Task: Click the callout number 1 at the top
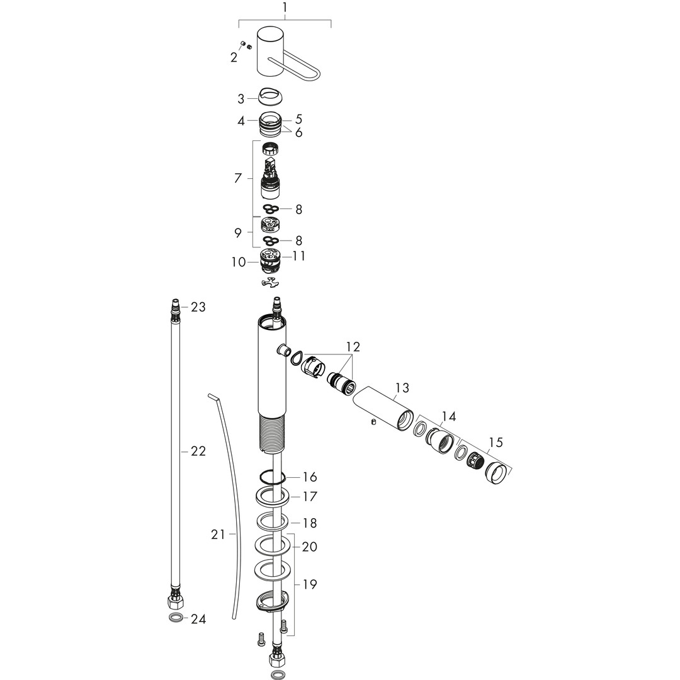(285, 8)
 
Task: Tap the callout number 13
(402, 387)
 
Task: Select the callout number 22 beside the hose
(198, 451)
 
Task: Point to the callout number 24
(198, 619)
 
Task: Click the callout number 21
(218, 535)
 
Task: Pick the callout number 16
(310, 477)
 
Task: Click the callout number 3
(241, 99)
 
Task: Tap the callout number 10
(239, 262)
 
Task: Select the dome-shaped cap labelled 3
(271, 96)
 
